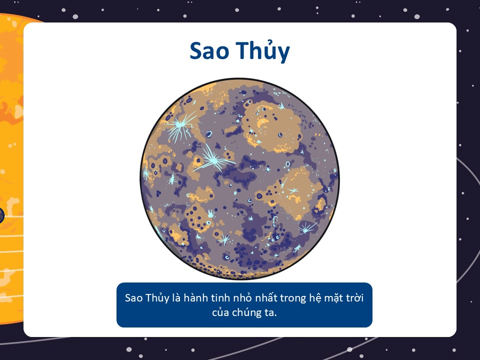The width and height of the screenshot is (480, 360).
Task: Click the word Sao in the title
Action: point(209,51)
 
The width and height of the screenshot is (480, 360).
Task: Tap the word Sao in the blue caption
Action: point(134,298)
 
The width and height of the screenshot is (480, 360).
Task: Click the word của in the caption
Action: point(220,312)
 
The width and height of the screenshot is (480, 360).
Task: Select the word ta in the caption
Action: point(269,313)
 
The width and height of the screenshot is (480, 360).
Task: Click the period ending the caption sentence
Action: point(275,316)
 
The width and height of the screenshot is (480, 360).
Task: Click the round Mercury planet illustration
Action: point(239,178)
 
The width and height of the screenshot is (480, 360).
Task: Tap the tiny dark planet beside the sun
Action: point(2,215)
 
